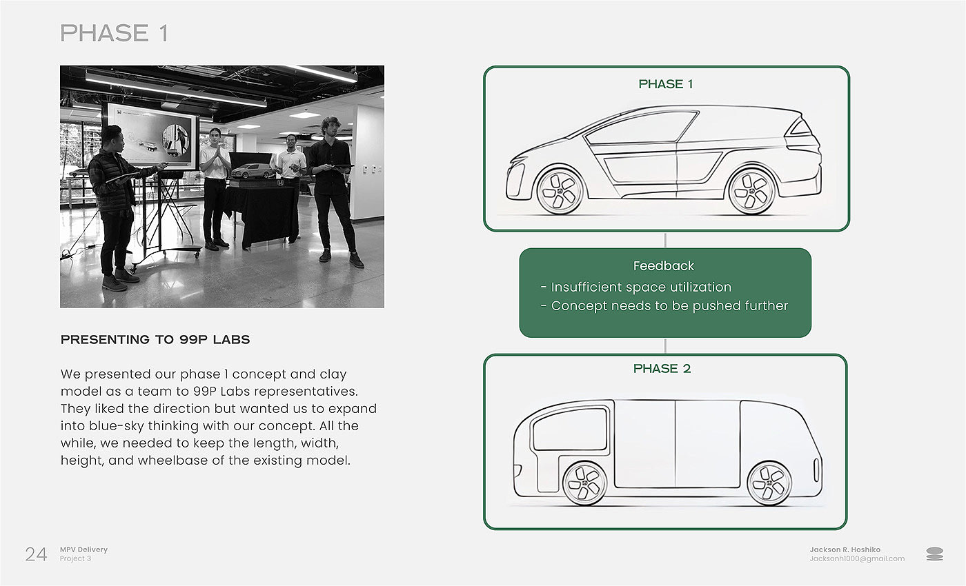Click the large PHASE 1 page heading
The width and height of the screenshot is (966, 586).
click(x=114, y=33)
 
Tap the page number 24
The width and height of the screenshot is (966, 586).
click(x=36, y=554)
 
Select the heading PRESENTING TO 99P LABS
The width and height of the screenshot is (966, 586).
click(x=155, y=339)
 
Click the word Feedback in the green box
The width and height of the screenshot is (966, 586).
click(x=664, y=266)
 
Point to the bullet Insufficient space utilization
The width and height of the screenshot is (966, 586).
click(x=636, y=287)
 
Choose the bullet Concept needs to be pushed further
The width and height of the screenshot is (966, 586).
click(x=664, y=305)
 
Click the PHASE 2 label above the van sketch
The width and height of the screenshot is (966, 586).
click(x=662, y=369)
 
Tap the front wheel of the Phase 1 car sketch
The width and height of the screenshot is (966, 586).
click(x=560, y=191)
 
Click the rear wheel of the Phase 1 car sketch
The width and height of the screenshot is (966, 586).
click(x=751, y=191)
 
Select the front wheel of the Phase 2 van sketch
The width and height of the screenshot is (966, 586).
click(x=585, y=483)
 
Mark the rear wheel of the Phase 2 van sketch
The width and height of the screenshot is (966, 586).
click(x=769, y=483)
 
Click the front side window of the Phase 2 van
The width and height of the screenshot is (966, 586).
click(x=570, y=429)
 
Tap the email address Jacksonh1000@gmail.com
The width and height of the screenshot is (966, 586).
click(x=857, y=559)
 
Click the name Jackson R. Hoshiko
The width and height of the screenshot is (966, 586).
click(x=845, y=549)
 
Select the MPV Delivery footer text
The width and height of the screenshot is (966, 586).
click(x=83, y=549)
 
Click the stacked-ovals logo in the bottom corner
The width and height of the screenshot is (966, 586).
click(x=934, y=554)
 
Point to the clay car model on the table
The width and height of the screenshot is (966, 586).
click(x=253, y=172)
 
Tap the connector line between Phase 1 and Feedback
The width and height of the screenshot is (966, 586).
click(x=665, y=240)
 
